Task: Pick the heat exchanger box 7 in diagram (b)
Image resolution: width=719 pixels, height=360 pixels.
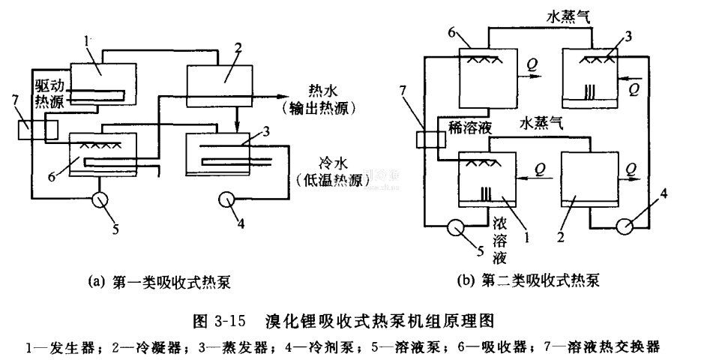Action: click(x=429, y=141)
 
